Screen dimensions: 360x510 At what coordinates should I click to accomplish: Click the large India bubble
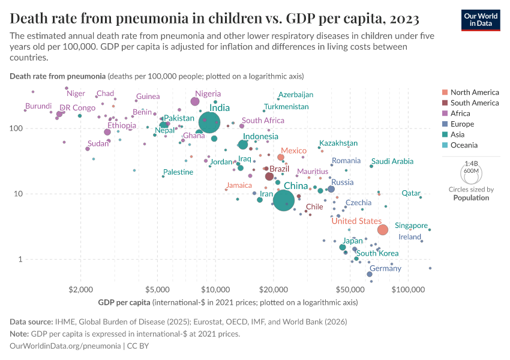[209, 123]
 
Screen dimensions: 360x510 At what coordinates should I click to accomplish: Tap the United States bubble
[383, 230]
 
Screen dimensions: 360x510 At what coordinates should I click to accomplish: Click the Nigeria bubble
[195, 101]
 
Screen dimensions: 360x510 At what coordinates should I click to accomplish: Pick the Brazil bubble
[269, 176]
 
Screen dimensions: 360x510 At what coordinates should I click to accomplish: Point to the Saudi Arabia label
[392, 161]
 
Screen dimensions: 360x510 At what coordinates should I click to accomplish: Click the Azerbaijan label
[296, 95]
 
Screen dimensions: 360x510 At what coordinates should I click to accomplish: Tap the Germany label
[385, 269]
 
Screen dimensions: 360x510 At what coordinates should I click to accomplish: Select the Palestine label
[178, 172]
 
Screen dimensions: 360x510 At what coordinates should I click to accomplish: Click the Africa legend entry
[461, 113]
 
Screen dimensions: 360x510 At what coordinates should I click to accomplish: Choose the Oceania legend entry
[464, 145]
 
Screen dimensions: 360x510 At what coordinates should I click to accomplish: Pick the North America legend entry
[474, 92]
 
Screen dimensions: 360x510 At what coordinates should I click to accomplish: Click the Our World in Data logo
[480, 19]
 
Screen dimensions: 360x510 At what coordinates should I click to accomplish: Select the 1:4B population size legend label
[472, 163]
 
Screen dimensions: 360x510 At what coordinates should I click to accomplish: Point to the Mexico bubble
[280, 157]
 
